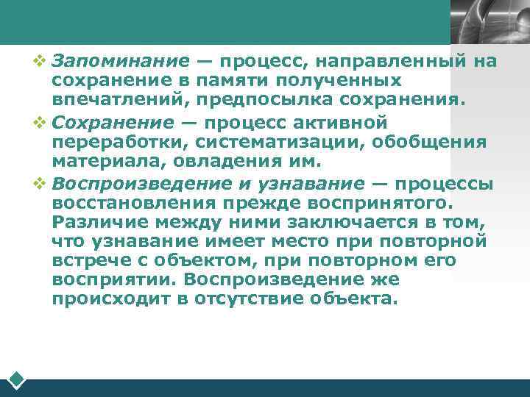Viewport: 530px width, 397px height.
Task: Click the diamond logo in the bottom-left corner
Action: (18, 380)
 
